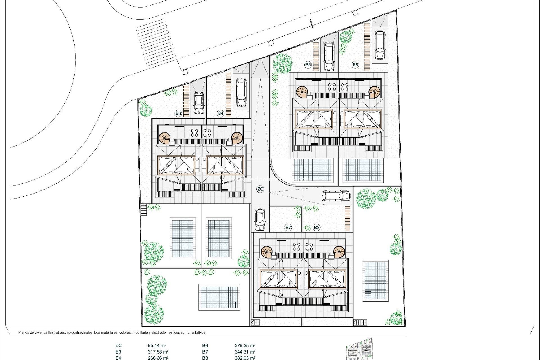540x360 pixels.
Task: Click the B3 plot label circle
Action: pos(178,113)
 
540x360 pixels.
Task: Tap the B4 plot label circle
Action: pos(220,113)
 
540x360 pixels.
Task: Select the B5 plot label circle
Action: pos(308,65)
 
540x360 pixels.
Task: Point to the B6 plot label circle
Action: pos(355,65)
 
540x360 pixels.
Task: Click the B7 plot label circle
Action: pos(288,227)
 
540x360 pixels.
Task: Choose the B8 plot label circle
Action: pos(317,227)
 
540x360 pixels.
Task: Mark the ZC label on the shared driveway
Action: pos(260,189)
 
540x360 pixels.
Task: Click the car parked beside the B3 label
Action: pos(199,103)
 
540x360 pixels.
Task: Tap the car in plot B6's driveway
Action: pos(380,45)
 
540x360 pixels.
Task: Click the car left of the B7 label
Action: pos(260,219)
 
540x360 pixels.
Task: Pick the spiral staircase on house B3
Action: pos(165,138)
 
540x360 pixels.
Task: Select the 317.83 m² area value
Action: pos(158,352)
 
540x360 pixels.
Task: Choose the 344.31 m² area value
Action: pos(245,352)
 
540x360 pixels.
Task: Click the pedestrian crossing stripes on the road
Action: pos(156,42)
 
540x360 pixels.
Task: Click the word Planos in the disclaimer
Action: pos(24,332)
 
